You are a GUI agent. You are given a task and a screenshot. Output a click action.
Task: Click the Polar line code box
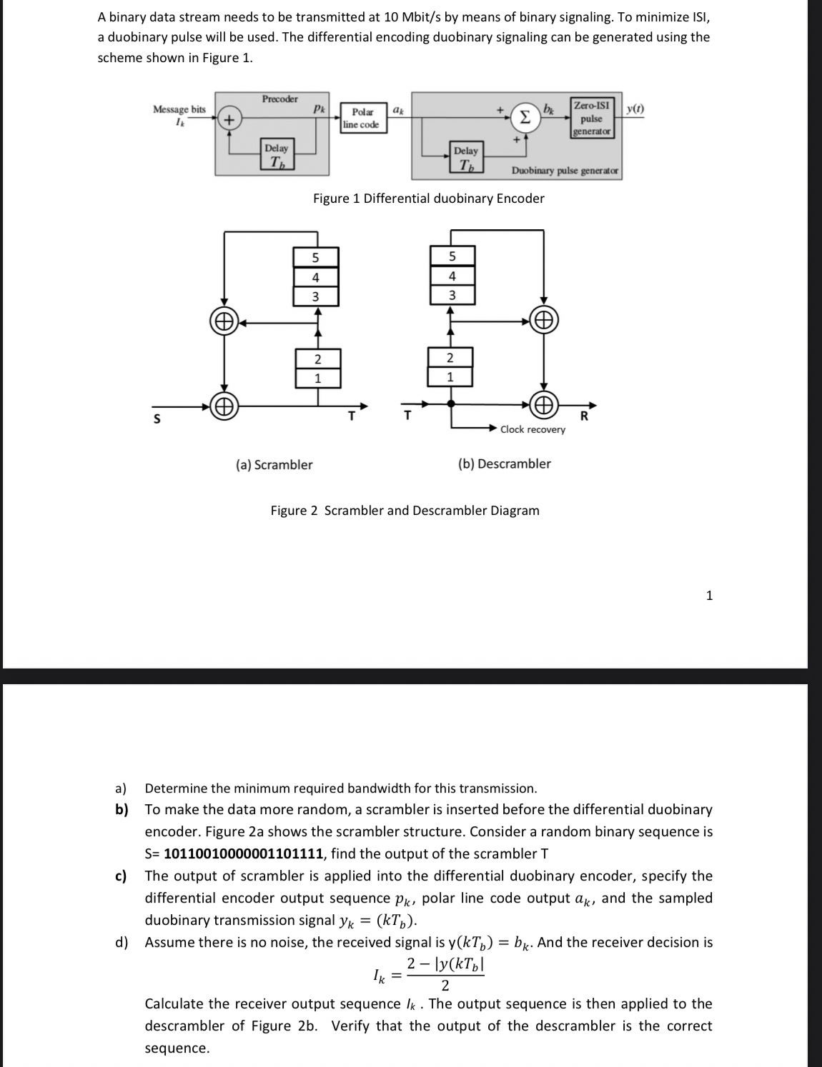point(361,118)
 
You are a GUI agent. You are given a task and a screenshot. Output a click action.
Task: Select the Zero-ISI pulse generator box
point(591,118)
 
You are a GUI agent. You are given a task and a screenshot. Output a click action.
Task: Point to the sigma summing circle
point(525,116)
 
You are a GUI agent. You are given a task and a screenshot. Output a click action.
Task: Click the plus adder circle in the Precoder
point(228,119)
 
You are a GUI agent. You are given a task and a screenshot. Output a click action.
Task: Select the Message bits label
point(179,109)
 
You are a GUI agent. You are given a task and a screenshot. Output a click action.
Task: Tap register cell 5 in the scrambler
point(315,258)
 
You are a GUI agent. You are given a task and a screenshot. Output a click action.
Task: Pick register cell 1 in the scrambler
point(317,378)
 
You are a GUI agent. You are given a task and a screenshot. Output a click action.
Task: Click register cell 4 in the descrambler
point(451,276)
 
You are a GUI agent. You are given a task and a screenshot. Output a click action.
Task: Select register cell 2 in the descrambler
point(450,357)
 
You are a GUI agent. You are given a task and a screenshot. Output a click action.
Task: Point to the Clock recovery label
point(533,429)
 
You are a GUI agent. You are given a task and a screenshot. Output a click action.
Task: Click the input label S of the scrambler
point(157,419)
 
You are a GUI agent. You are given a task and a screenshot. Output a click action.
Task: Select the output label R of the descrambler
point(584,416)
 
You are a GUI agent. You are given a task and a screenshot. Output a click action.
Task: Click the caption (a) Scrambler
point(274,465)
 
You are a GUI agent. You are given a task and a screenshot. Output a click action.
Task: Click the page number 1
point(709,596)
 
